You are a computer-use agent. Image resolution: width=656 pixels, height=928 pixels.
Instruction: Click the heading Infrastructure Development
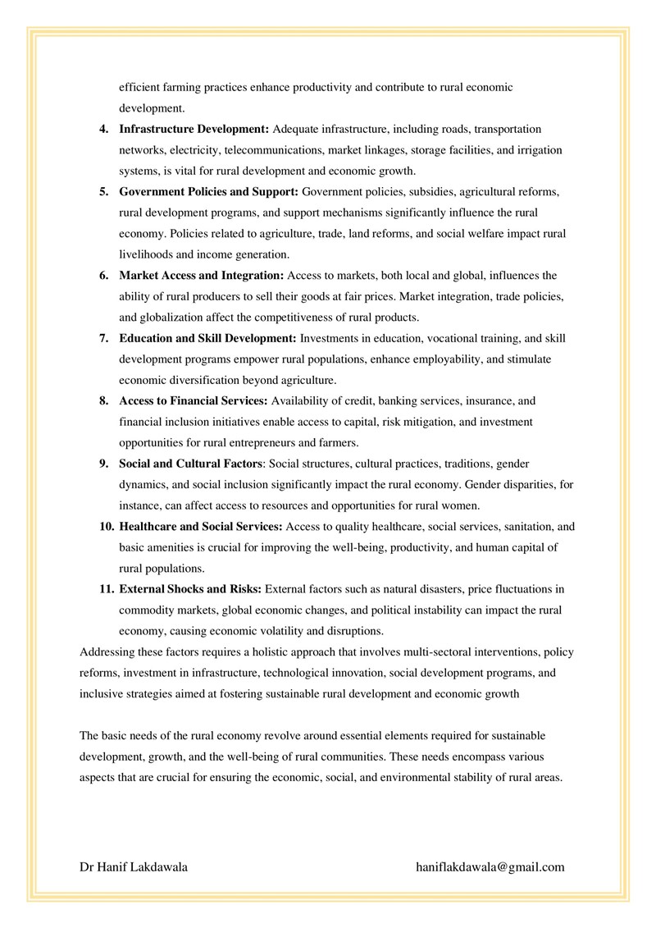pos(194,130)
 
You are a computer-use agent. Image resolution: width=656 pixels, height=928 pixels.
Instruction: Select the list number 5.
pos(104,192)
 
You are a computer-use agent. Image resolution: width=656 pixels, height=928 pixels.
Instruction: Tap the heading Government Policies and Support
pos(209,192)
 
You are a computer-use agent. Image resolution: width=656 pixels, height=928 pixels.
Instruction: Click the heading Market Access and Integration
pos(202,276)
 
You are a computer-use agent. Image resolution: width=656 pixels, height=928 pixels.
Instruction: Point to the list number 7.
pos(104,339)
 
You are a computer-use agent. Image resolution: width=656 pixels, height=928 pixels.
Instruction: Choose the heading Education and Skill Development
pos(208,339)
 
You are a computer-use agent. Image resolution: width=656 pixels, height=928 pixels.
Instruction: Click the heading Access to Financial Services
pos(194,401)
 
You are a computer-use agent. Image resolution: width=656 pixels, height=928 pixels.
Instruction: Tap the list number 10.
pos(107,527)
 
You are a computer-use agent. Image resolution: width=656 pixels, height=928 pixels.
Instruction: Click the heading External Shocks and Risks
pos(190,589)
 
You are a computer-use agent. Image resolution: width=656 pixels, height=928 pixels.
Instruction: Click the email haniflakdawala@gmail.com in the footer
pos(490,866)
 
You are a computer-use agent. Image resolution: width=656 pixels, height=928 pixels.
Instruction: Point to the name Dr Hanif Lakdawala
pos(134,866)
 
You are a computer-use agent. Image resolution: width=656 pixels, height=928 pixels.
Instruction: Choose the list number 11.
pos(107,589)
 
